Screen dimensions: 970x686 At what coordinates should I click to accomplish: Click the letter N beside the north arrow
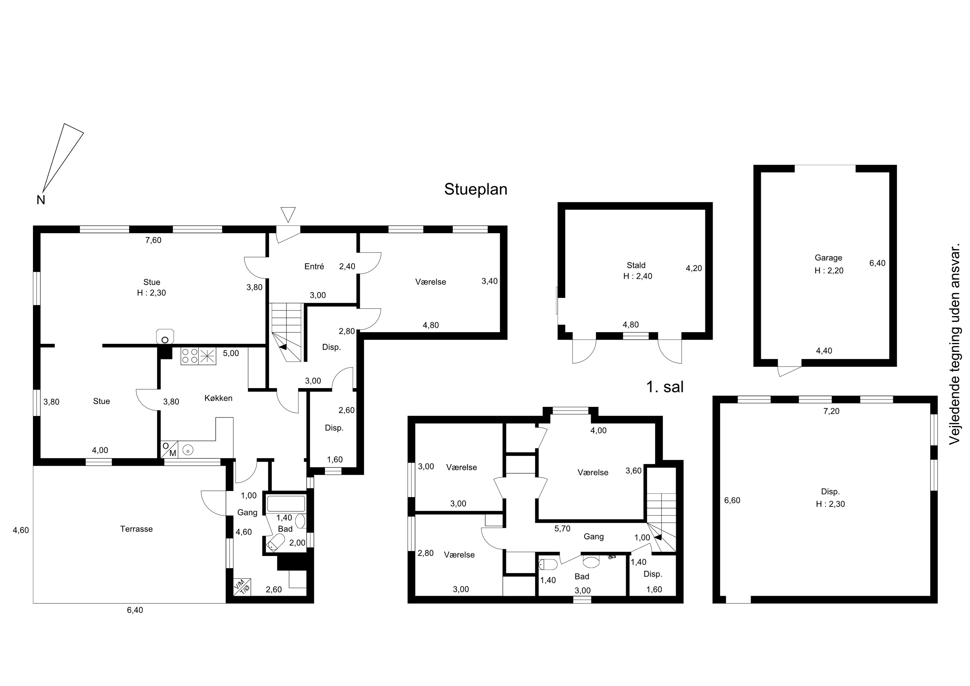coord(40,200)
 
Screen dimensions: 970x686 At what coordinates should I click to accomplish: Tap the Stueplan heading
coord(475,189)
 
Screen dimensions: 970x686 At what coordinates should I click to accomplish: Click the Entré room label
coord(314,266)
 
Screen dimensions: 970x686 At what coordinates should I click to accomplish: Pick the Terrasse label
coord(136,529)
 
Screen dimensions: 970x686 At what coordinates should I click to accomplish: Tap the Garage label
coord(828,258)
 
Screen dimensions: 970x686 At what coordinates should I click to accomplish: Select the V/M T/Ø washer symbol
coord(242,587)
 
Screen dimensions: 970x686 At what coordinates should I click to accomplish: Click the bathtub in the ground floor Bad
coord(286,504)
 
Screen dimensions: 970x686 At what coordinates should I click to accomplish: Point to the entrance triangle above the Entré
coord(288,214)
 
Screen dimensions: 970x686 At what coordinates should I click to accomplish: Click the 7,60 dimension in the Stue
coord(153,240)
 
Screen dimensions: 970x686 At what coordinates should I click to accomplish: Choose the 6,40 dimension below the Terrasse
coord(135,610)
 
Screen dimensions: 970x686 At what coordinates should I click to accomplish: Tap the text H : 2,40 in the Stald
coord(638,276)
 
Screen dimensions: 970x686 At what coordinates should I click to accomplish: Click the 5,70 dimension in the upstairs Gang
coord(562,528)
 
